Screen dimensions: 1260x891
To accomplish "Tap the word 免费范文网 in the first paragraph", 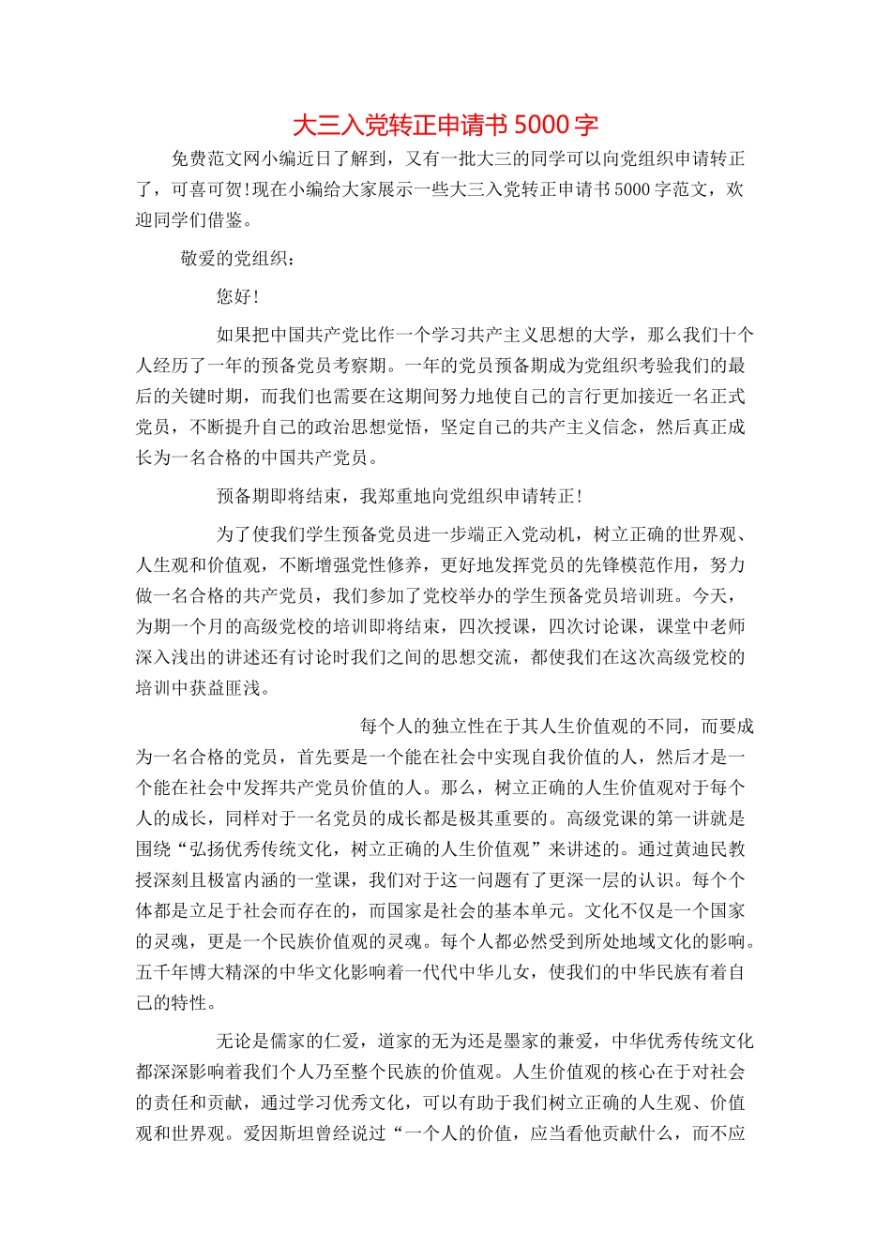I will coord(217,159).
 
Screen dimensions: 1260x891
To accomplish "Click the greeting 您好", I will coord(234,297).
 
